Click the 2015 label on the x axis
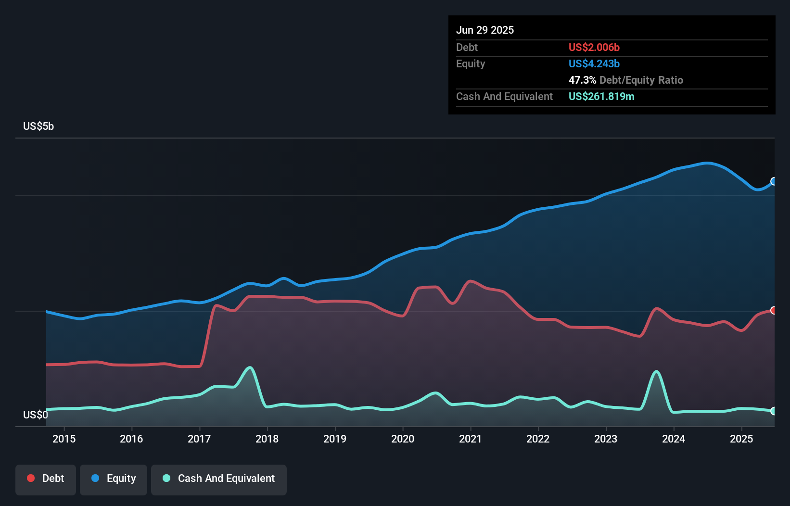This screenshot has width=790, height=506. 64,439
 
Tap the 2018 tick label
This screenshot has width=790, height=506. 267,439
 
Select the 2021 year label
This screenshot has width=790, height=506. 470,439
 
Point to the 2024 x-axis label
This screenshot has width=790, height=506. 674,439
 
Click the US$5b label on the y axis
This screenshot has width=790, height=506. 38,126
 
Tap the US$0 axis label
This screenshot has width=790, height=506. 36,415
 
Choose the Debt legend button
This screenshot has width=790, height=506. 46,479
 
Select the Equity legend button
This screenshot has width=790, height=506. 114,479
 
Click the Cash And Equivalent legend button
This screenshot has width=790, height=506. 219,479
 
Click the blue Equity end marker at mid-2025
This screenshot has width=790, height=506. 774,181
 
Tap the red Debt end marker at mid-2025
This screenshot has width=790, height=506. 774,310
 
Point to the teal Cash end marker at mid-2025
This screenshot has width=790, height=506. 774,411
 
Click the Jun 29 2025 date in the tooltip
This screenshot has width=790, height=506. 485,30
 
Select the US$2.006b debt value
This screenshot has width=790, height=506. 594,47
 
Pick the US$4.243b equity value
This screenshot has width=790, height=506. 594,63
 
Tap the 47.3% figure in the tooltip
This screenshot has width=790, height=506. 582,80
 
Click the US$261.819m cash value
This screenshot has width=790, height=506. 601,96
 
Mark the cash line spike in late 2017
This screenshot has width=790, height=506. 250,368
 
